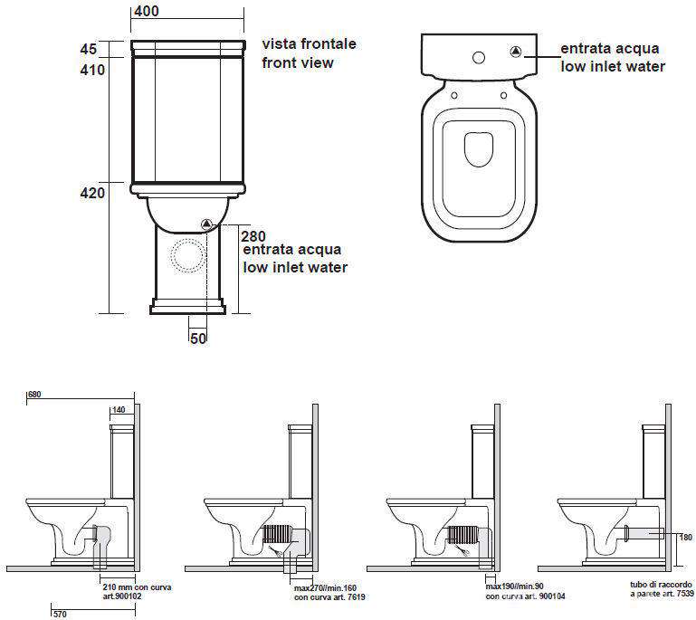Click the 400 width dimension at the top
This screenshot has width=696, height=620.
[147, 11]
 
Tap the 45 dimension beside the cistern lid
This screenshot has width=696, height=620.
[89, 49]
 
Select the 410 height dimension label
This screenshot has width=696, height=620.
[92, 70]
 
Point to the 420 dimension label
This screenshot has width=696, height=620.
[92, 193]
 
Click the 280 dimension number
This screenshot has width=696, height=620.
[253, 236]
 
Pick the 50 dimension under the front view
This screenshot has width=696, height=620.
[198, 339]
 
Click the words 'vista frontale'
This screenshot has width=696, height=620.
[309, 43]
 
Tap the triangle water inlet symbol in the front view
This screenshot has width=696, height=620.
[207, 224]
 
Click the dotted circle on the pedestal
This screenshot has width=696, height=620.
[187, 255]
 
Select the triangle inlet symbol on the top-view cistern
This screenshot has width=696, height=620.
[515, 52]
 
